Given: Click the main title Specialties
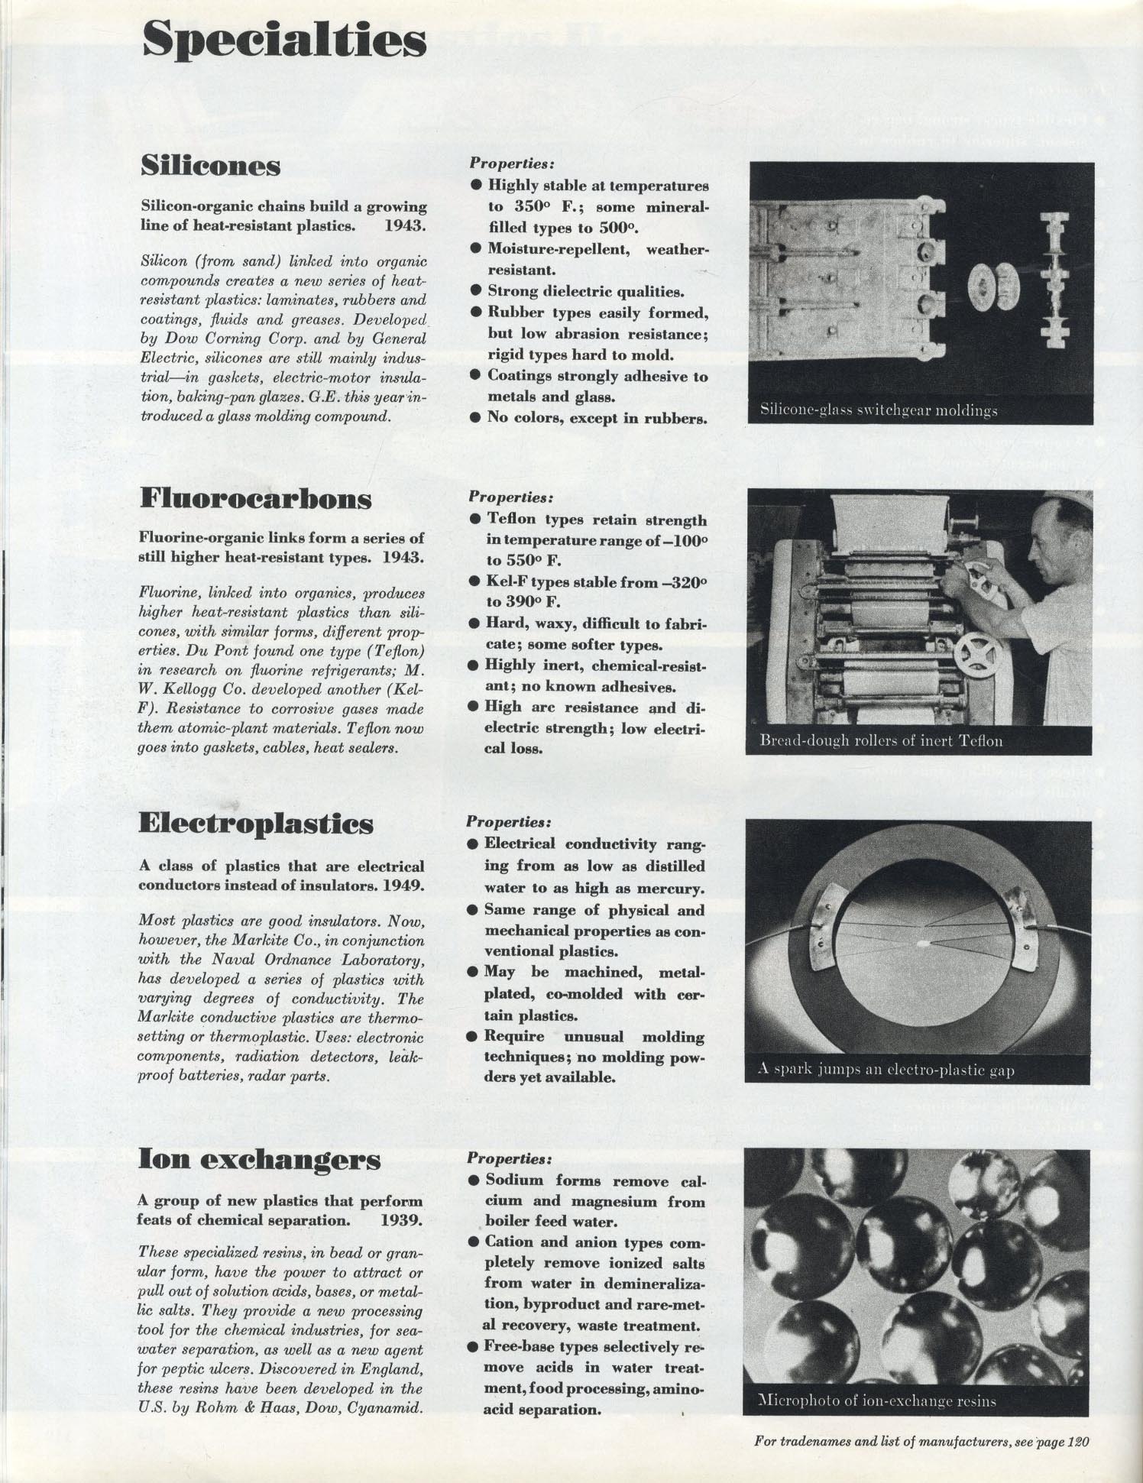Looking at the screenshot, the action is click(283, 40).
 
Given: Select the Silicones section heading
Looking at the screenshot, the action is click(210, 165).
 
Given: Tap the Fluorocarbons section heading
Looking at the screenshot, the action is click(256, 498).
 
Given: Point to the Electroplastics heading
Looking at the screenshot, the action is click(256, 824).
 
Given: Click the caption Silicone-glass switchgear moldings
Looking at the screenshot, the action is click(879, 410).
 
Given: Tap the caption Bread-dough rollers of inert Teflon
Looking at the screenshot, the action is click(881, 740).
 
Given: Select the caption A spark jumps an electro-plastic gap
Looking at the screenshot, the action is click(886, 1069).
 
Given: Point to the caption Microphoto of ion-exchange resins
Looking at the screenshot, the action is click(876, 1400).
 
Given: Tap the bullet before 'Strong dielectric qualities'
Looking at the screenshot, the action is click(475, 290).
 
